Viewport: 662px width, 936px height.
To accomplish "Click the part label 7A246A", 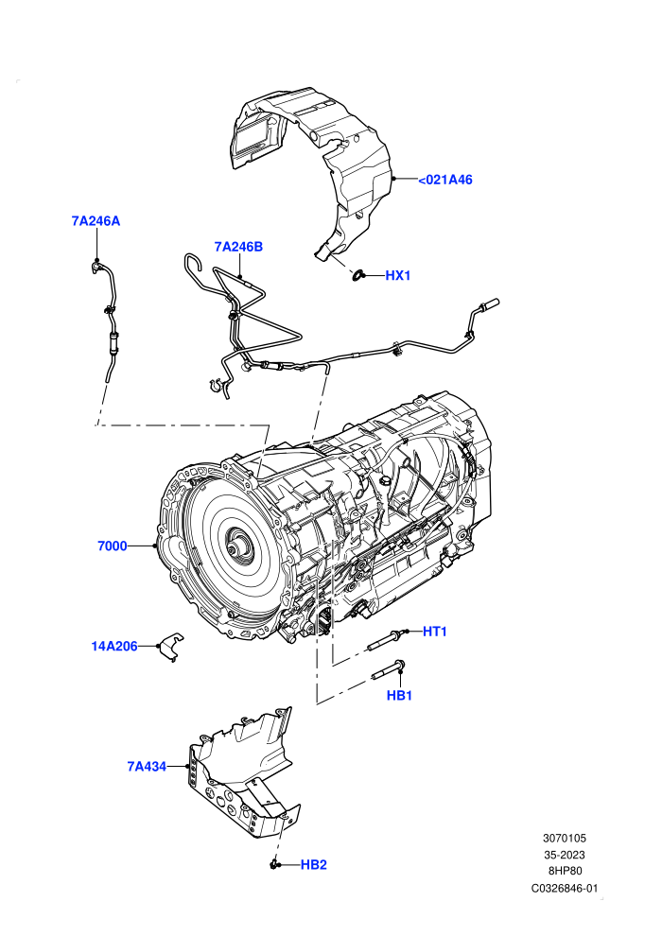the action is coord(96,221).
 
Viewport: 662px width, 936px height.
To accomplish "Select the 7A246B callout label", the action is coord(238,247).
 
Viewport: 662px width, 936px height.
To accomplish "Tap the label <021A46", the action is coord(444,180).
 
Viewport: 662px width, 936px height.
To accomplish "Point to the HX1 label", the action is coord(397,276).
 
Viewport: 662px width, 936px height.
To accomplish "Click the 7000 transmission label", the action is coord(113,546).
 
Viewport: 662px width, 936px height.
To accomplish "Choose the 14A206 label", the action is coord(114,646).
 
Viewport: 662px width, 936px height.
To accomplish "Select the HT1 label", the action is coord(435,632).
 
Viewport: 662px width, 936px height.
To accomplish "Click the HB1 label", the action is coord(399,696).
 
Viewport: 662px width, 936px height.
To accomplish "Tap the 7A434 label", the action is coord(147,767).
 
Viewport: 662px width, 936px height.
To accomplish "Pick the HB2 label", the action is coord(313,865).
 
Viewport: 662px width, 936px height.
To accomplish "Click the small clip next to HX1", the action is coord(359,275).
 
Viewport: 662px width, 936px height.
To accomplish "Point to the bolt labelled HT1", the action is coord(386,640).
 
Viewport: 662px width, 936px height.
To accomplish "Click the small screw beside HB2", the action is coord(274,864).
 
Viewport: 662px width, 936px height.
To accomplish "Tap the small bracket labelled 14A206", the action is coord(171,647).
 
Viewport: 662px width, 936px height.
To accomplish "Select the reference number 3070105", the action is coord(565,838).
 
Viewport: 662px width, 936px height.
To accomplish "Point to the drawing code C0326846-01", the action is coord(565,888).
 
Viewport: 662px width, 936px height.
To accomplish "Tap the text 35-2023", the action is coord(565,855).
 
